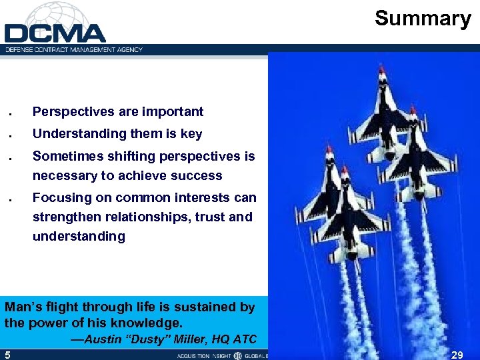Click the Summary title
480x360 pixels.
coord(423,18)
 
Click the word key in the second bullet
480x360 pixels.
coord(191,134)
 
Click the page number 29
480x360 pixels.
coord(458,355)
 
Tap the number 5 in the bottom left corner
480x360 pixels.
coord(7,355)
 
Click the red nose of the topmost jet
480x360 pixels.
coord(382,69)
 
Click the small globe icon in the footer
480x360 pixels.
coord(237,355)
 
